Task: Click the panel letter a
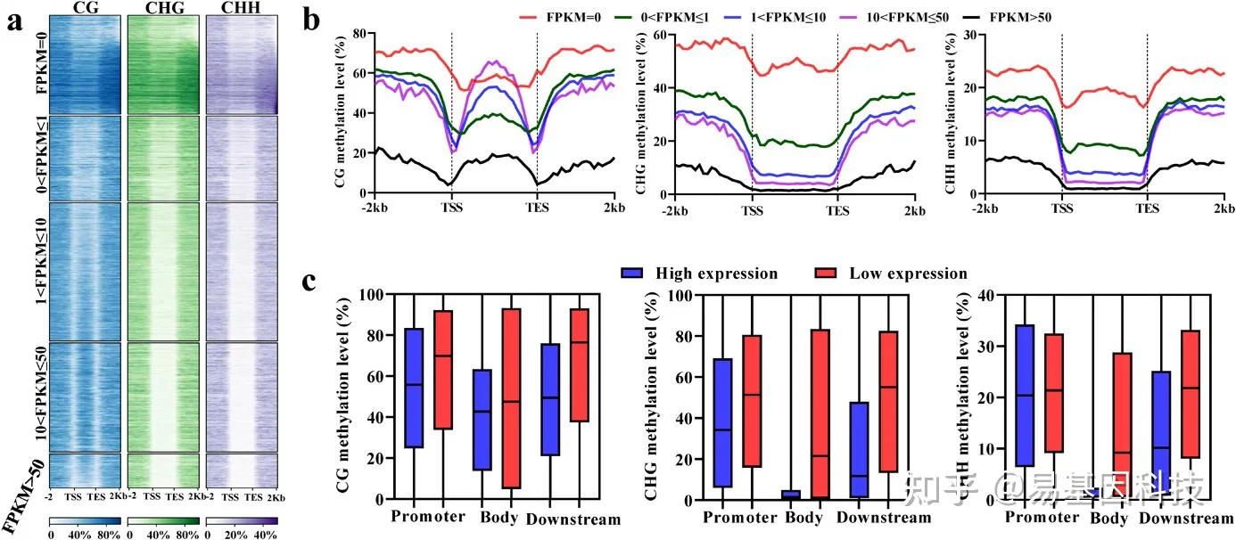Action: tap(14, 21)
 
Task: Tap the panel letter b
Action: tap(312, 20)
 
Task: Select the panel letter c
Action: tap(310, 282)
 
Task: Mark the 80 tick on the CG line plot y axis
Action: tap(361, 34)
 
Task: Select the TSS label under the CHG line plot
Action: tap(753, 209)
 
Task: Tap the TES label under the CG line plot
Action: tap(537, 209)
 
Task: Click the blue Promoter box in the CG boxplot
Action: tap(414, 388)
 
